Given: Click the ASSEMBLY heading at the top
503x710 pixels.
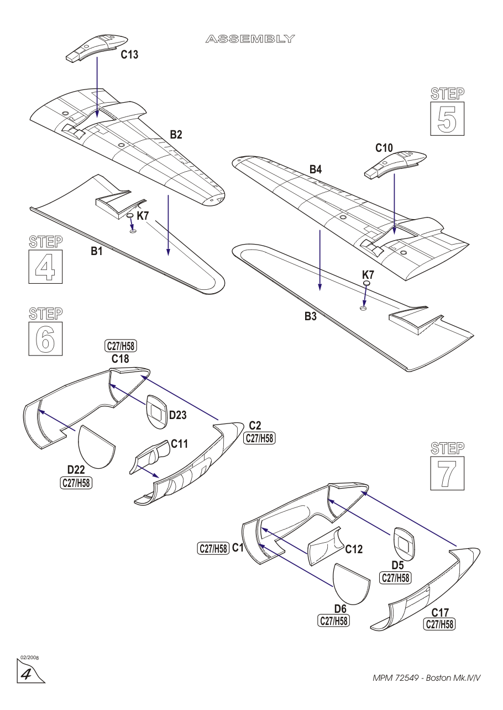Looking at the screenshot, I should point(250,39).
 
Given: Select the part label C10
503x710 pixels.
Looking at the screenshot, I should point(384,148).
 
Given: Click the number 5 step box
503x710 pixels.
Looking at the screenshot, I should point(447,119).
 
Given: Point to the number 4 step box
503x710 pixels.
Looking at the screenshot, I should point(45,267).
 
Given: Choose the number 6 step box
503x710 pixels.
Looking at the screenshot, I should point(45,339).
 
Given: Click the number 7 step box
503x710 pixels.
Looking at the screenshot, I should point(447,473).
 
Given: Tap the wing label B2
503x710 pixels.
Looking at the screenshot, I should point(176,134).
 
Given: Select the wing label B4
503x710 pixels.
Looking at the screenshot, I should point(316,170).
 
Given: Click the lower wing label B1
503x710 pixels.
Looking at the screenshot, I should point(97,252).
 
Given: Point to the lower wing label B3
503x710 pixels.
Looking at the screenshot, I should point(311,317).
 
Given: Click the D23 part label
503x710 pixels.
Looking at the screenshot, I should point(177,415).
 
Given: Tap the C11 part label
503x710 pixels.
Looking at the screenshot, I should point(180,444).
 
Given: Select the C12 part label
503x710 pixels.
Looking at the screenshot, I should point(354,549).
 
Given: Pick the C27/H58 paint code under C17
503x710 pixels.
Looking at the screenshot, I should point(439,624).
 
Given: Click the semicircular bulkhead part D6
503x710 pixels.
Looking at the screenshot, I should point(351,584).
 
